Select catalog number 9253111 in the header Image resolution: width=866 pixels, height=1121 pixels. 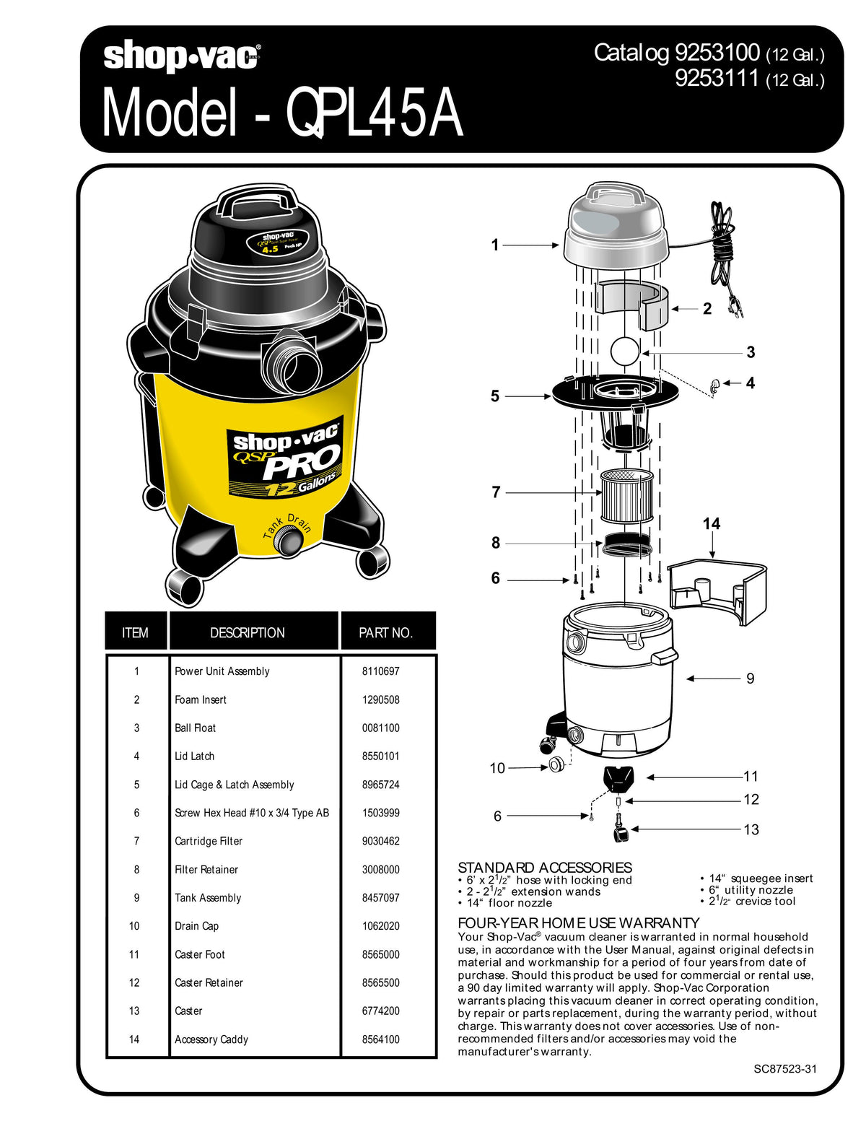[716, 78]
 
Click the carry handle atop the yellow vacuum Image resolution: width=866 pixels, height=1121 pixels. [258, 200]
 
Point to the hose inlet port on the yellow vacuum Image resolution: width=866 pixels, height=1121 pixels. [293, 361]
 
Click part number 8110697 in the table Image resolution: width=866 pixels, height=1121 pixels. [380, 671]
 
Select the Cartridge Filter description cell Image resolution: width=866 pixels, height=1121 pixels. [209, 841]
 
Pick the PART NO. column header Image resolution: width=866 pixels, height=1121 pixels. [386, 633]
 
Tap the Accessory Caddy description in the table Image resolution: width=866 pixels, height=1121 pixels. [211, 1039]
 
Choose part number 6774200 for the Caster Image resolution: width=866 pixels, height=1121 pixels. [380, 1011]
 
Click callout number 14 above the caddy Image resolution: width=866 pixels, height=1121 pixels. [711, 524]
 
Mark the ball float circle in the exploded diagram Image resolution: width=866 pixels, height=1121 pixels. [624, 352]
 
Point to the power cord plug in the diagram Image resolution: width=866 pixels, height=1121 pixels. [737, 306]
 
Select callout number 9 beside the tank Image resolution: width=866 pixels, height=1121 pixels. [750, 679]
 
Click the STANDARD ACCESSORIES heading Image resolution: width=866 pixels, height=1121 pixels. [544, 867]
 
